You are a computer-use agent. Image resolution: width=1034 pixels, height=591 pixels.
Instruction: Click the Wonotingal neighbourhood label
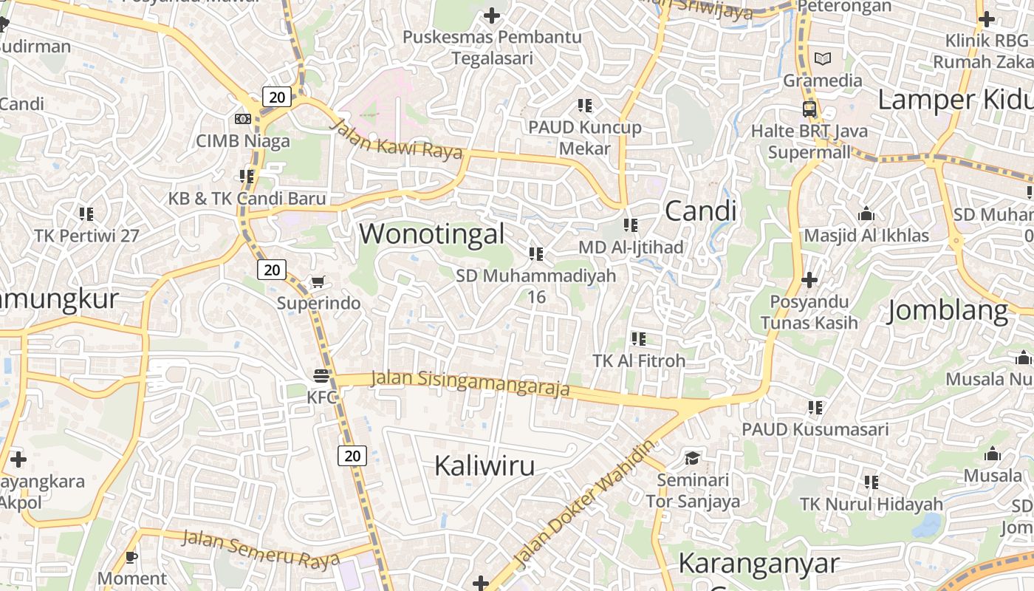pyautogui.click(x=432, y=234)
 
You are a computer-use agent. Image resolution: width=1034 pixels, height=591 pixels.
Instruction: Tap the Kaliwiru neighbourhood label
pyautogui.click(x=485, y=466)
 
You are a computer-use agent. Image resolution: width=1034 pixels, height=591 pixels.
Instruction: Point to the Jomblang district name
pyautogui.click(x=948, y=311)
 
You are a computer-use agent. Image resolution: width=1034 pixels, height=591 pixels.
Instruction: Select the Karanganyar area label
pyautogui.click(x=759, y=564)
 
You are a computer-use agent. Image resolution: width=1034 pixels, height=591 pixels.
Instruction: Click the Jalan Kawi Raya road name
pyautogui.click(x=396, y=139)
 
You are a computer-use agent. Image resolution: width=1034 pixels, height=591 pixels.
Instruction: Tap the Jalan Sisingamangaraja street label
pyautogui.click(x=470, y=383)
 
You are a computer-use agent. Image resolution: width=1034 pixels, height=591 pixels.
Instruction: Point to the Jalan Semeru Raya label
pyautogui.click(x=260, y=548)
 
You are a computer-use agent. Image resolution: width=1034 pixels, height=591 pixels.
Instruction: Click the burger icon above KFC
pyautogui.click(x=321, y=377)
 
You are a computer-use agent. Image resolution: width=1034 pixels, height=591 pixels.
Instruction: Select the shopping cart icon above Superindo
pyautogui.click(x=318, y=281)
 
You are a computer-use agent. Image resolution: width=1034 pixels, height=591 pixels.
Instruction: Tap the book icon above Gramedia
pyautogui.click(x=822, y=58)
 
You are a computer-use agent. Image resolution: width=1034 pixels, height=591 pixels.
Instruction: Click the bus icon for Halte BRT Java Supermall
pyautogui.click(x=809, y=109)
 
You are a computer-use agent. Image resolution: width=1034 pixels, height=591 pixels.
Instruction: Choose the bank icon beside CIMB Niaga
pyautogui.click(x=242, y=119)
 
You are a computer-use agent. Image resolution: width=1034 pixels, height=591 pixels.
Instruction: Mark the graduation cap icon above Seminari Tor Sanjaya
pyautogui.click(x=692, y=458)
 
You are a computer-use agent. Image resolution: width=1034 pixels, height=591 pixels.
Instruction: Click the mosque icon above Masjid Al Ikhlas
pyautogui.click(x=866, y=214)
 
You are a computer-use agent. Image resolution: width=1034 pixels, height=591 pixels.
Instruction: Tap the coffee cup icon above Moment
pyautogui.click(x=132, y=557)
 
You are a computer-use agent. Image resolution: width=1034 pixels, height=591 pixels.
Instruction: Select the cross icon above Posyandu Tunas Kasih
pyautogui.click(x=809, y=280)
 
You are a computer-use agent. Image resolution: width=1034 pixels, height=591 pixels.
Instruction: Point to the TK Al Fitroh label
pyautogui.click(x=639, y=361)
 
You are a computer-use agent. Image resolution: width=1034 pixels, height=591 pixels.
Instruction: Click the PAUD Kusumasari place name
pyautogui.click(x=815, y=429)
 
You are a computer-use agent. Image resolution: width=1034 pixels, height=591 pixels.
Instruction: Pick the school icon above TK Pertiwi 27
pyautogui.click(x=86, y=214)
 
